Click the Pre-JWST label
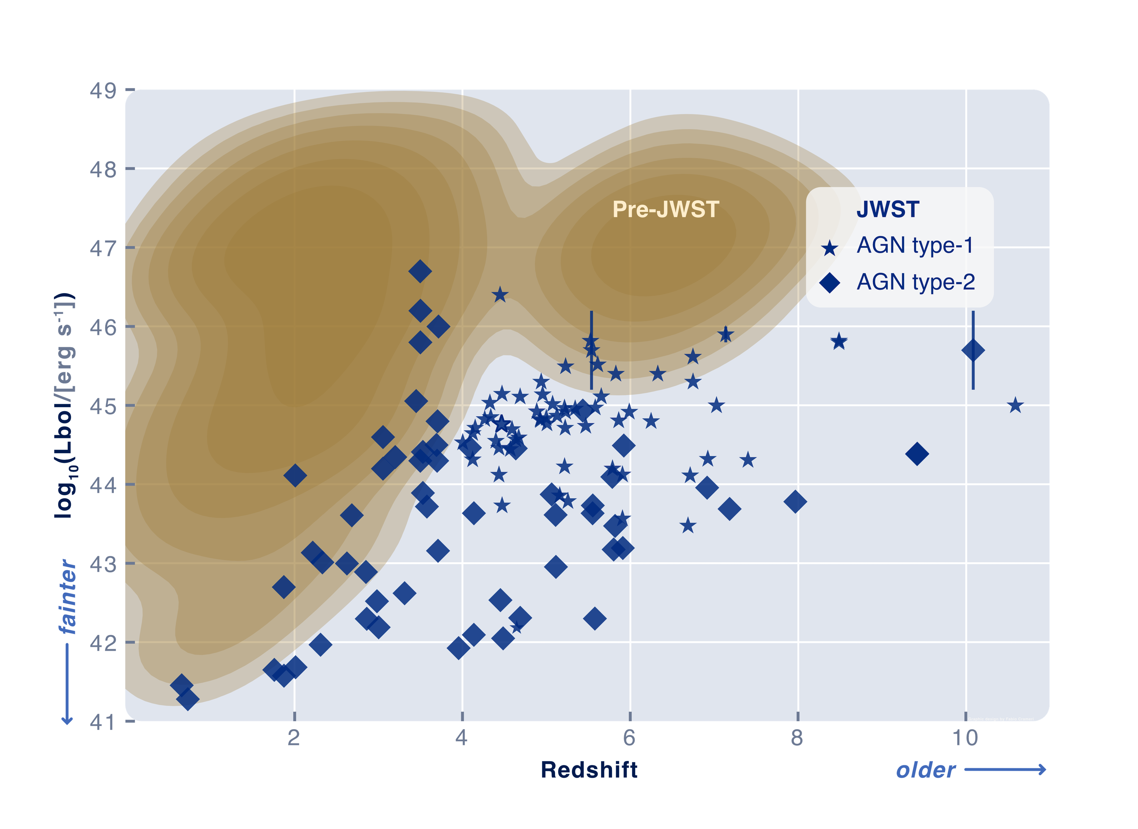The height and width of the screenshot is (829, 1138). point(665,209)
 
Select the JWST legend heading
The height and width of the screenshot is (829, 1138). point(888,209)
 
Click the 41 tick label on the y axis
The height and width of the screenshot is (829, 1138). point(103,722)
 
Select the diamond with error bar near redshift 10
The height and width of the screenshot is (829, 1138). point(972,350)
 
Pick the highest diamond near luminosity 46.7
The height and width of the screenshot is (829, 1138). point(420,271)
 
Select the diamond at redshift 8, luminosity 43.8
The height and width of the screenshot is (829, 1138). point(795,501)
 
